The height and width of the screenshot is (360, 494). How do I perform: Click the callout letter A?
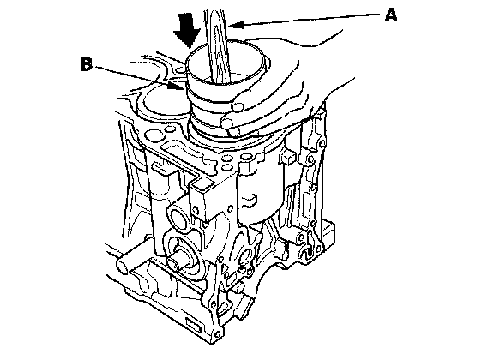coord(391,15)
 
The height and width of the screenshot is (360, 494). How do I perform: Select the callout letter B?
coord(87,63)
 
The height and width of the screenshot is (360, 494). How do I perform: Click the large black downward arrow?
coord(187,30)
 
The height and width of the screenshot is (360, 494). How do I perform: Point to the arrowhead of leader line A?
coord(237,25)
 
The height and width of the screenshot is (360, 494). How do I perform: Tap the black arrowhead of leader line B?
coord(175,86)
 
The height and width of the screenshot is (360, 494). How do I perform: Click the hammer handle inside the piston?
coord(218,47)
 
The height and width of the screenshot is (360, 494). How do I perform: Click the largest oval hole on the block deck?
coord(153,135)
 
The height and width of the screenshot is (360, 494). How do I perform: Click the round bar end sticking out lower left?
coord(123,265)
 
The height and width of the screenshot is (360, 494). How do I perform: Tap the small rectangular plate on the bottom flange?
coord(193,325)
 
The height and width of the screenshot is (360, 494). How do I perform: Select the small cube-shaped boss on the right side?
coord(287,157)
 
